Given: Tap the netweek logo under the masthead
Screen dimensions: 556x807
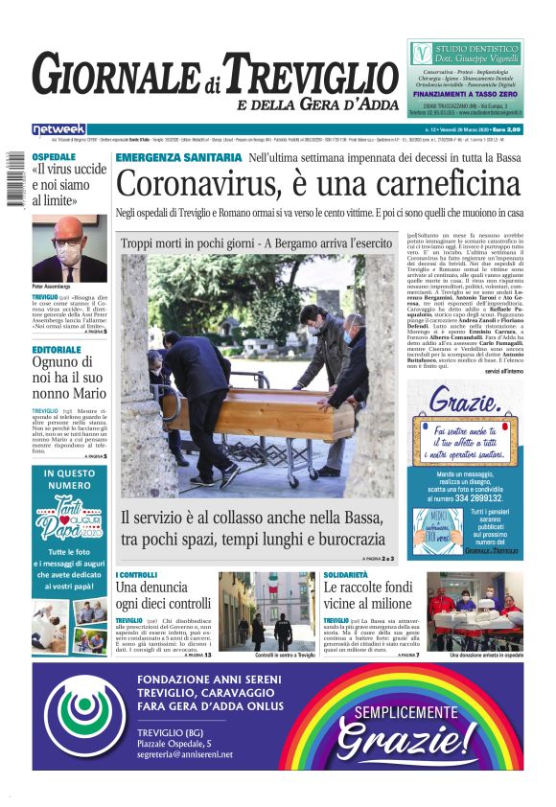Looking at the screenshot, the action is click(58, 129).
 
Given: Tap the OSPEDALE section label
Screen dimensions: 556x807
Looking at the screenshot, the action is click(54, 156).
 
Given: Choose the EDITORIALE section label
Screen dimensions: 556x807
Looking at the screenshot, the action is click(59, 350).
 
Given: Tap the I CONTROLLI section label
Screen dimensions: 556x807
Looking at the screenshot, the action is click(136, 575).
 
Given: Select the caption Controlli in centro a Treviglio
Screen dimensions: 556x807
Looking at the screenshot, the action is click(266, 655).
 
